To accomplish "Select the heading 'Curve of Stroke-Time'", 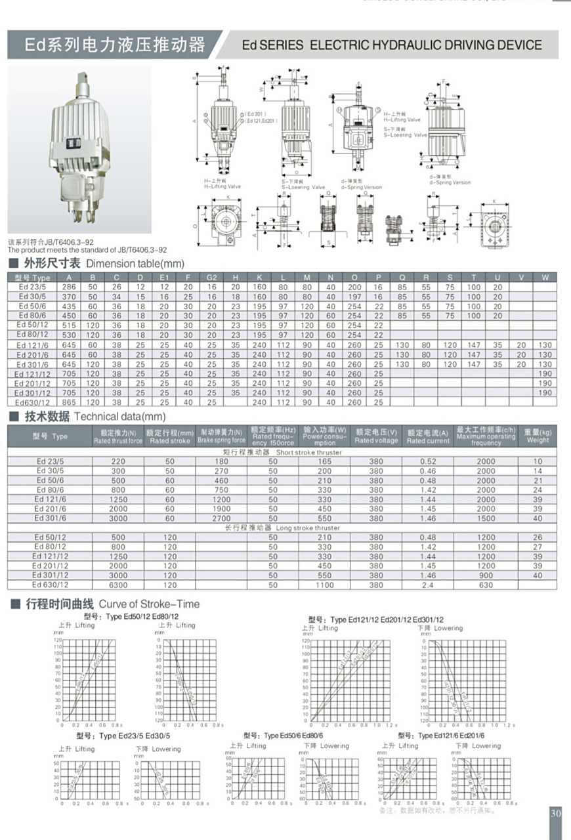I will pos(149,604).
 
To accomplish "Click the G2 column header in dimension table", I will pos(211,278).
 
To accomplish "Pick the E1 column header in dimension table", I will pos(164,278).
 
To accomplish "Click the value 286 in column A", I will pos(69,287).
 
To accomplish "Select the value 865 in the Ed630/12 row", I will pos(69,402).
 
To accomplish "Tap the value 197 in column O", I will pos(354,297).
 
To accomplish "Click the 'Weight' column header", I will pos(538,436).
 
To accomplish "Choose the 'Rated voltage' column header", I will pos(376,436).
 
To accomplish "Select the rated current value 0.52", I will pos(428,461).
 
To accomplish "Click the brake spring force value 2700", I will pos(221,518).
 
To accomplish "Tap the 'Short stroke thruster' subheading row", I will pos(282,452).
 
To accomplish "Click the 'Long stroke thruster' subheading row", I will pos(282,528).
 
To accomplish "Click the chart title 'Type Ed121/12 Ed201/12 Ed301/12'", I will pos(375,619).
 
